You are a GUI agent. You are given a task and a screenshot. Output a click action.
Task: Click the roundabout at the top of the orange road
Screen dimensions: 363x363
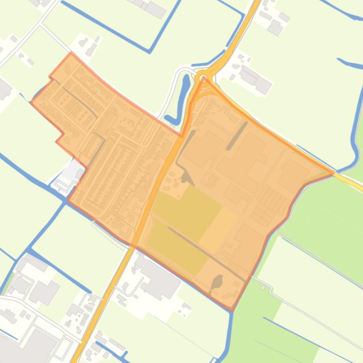[203, 77]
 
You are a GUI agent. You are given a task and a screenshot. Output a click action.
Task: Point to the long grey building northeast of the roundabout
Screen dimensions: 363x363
[254, 79]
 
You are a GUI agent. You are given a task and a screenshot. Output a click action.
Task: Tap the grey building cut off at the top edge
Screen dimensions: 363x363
[155, 8]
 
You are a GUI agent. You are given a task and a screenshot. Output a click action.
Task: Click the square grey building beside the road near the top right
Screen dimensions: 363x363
[275, 28]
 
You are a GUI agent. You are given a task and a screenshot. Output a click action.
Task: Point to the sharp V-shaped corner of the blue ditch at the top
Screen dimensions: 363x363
[149, 51]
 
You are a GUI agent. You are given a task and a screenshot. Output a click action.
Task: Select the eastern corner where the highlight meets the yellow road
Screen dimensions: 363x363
[333, 173]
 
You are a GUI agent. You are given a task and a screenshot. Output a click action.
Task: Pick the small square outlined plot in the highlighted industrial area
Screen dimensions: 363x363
[210, 181]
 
